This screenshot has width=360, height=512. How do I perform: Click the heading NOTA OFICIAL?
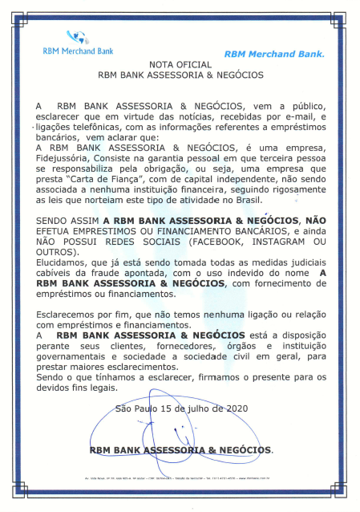tap(180, 63)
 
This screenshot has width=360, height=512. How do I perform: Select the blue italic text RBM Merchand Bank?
tap(274, 55)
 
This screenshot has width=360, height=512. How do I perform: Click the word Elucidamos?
tap(63, 264)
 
